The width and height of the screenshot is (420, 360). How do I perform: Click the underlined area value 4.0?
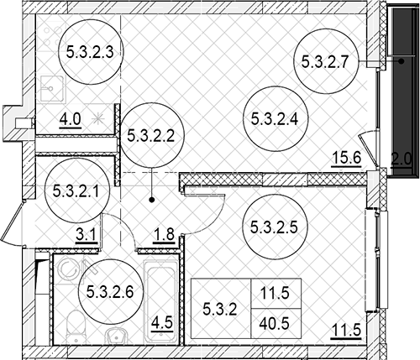click(x=70, y=121)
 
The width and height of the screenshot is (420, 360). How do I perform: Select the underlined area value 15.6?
click(x=346, y=159)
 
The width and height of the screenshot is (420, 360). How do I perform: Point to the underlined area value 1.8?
click(x=164, y=235)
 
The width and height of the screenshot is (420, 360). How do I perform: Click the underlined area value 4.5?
click(x=162, y=324)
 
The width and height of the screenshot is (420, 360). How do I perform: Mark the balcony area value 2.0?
click(x=402, y=160)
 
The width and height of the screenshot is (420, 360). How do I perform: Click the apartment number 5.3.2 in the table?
click(x=220, y=310)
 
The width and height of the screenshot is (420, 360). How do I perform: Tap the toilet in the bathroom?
click(x=76, y=326)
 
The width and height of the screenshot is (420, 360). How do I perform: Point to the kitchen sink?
click(x=52, y=89)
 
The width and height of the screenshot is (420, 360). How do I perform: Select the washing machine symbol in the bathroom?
click(x=68, y=270)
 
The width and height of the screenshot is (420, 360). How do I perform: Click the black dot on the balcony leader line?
click(x=402, y=61)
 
